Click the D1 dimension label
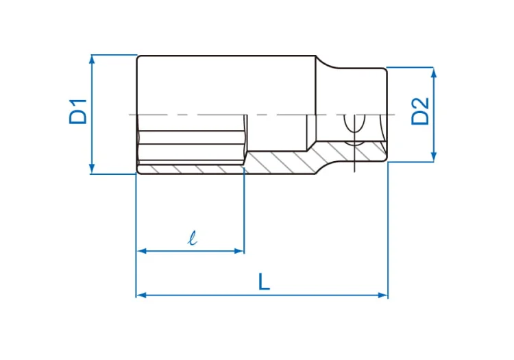pyautogui.click(x=78, y=112)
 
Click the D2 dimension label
pyautogui.click(x=420, y=111)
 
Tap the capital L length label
pyautogui.click(x=265, y=282)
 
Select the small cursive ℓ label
pyautogui.click(x=193, y=238)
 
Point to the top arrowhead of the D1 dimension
pyautogui.click(x=92, y=60)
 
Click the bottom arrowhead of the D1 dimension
pyautogui.click(x=92, y=169)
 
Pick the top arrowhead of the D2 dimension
pyautogui.click(x=434, y=73)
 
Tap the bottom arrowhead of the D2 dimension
pyautogui.click(x=434, y=156)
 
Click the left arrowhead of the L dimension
pyautogui.click(x=142, y=295)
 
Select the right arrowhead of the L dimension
pyautogui.click(x=382, y=295)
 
